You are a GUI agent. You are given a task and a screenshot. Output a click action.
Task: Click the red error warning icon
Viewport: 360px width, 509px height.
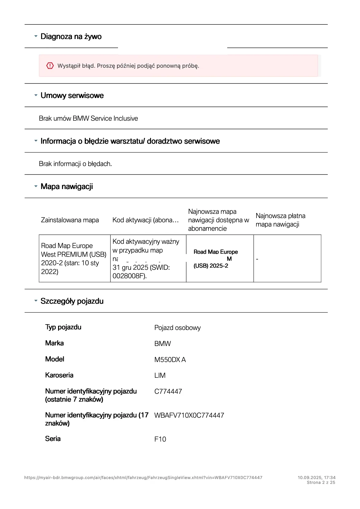tap(50, 66)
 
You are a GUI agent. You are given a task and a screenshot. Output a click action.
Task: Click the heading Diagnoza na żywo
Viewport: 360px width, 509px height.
tap(71, 37)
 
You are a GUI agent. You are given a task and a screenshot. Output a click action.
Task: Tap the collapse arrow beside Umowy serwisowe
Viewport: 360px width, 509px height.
tap(36, 95)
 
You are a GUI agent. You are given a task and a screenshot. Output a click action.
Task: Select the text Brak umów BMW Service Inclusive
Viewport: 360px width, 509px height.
tap(88, 119)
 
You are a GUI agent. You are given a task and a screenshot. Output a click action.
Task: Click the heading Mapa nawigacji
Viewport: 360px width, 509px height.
tap(67, 187)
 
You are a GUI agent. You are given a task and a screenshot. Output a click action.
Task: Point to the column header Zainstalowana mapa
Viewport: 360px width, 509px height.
tap(70, 220)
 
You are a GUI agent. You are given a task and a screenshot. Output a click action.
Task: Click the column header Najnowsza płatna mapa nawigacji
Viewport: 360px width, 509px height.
tap(280, 220)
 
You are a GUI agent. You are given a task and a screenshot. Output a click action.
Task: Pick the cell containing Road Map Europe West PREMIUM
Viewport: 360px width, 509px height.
tap(74, 259)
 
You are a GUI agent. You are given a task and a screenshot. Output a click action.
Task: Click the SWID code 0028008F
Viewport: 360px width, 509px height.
tap(129, 276)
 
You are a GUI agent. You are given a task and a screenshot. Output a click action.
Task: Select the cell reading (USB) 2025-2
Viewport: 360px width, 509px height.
tap(211, 266)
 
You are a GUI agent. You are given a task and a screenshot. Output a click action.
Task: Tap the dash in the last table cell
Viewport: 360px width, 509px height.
tap(257, 259)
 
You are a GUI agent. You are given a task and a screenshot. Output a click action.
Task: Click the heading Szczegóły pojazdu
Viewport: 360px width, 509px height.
tap(72, 301)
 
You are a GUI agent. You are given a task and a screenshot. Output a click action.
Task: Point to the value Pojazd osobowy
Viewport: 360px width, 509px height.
tap(177, 328)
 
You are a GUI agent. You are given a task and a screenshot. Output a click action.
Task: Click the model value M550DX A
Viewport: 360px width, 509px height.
tap(170, 360)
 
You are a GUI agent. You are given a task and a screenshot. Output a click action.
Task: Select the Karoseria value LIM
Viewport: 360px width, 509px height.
tap(160, 376)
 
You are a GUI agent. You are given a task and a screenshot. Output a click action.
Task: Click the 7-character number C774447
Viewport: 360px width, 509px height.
tap(168, 392)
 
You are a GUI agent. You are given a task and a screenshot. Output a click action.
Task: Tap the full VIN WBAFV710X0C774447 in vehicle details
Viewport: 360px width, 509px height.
tap(189, 416)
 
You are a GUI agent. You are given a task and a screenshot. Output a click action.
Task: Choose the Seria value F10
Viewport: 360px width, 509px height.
tap(160, 439)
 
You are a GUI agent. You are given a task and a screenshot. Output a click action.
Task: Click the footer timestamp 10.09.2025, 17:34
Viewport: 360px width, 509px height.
tap(316, 478)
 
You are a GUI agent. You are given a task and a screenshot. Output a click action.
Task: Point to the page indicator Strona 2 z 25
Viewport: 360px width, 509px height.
tap(321, 483)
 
